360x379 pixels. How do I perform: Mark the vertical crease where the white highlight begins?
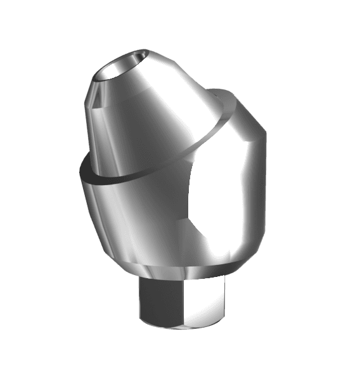[x=191, y=203]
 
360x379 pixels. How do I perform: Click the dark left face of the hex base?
[x=155, y=304]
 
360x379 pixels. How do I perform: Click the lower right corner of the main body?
[x=254, y=250]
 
